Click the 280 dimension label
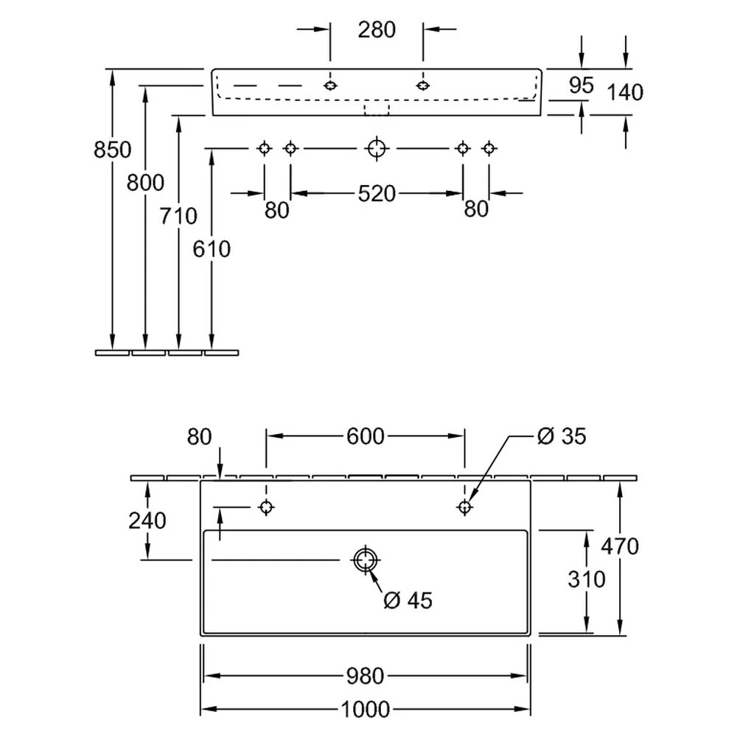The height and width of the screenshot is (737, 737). click(377, 30)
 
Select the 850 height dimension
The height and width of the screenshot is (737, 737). click(112, 150)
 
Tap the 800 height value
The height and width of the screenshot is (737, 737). click(145, 182)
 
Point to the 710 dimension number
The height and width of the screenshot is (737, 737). click(178, 216)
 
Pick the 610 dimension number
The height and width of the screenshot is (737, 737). click(212, 249)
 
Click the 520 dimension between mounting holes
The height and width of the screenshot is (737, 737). click(377, 194)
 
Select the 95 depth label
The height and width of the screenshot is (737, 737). click(581, 85)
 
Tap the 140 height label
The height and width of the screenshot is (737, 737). click(625, 92)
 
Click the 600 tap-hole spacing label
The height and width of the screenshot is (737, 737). click(366, 436)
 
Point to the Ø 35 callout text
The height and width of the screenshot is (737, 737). click(562, 436)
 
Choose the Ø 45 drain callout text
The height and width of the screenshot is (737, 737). click(408, 600)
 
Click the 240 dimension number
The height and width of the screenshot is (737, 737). click(147, 521)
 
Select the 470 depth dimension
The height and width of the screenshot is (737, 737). click(620, 546)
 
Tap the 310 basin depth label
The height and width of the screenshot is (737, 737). click(586, 579)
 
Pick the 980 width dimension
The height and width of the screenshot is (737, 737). click(366, 677)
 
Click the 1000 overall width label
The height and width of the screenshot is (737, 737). click(366, 709)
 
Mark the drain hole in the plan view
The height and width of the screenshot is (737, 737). click(366, 560)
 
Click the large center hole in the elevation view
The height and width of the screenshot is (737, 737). click(377, 149)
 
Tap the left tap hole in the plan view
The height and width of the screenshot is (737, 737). click(267, 507)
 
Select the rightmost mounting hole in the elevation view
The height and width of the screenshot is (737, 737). click(489, 149)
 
